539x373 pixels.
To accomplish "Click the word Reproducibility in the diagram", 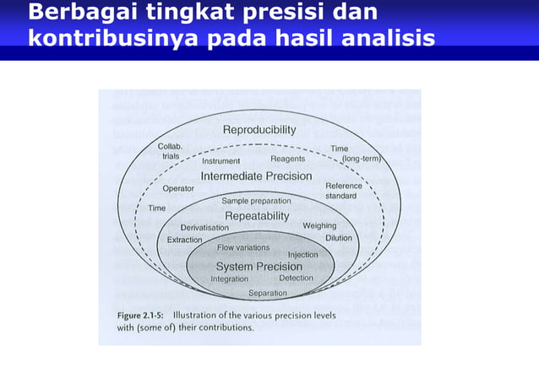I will pos(259,130).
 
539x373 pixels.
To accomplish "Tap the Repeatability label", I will pos(258,217).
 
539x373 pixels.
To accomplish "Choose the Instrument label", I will pos(220,160).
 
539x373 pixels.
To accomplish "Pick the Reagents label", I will pos(287,159).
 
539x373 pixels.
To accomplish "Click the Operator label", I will pos(178,188).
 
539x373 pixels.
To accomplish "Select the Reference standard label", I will pos(344,191).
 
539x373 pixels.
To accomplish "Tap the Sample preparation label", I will pos(256,201).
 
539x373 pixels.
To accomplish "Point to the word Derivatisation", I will pos(204,228).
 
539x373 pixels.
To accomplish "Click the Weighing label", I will pos(319,226).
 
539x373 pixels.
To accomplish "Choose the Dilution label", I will pos(339,238).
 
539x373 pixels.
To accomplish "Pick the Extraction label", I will pos(184,240).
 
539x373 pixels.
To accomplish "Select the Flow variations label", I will pos(243,248).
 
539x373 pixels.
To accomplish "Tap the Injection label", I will pos(302,254).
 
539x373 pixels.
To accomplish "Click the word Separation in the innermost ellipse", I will pos(267,293).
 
